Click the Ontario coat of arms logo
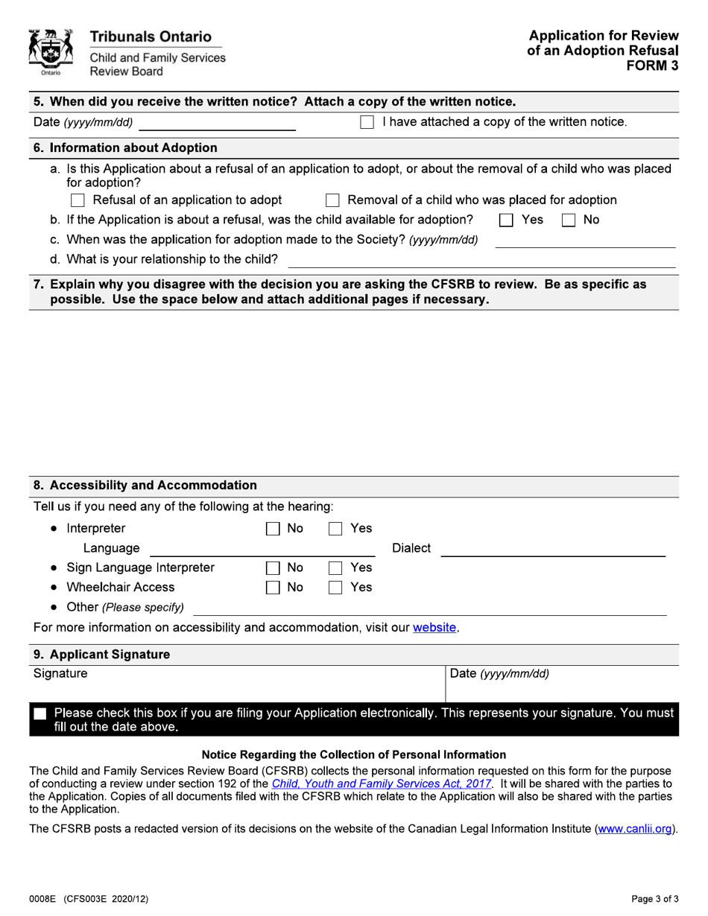coord(50,52)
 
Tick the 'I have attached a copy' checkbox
coord(367,122)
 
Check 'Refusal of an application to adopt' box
coord(78,200)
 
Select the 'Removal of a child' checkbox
coord(332,200)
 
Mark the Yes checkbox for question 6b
coord(506,220)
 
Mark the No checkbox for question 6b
coord(568,220)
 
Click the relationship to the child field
coord(481,260)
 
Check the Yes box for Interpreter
coord(335,529)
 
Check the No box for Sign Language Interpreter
coord(273,568)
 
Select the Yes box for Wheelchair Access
coord(335,588)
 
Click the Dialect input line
coord(553,549)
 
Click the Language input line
coord(262,549)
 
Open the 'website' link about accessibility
coord(434,628)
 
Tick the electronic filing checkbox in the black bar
coord(40,714)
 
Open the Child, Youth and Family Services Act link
coord(381,784)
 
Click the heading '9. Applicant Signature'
coord(102,655)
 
